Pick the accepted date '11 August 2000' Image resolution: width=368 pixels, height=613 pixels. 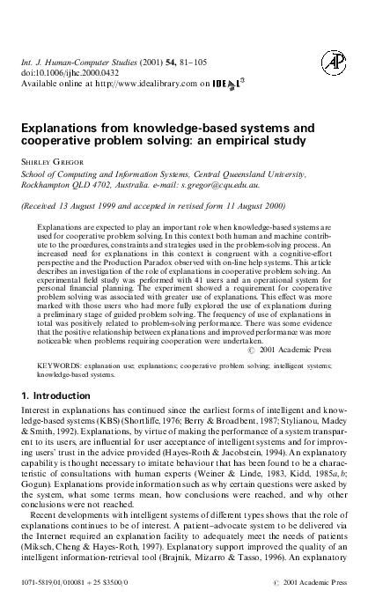(x=265, y=205)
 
